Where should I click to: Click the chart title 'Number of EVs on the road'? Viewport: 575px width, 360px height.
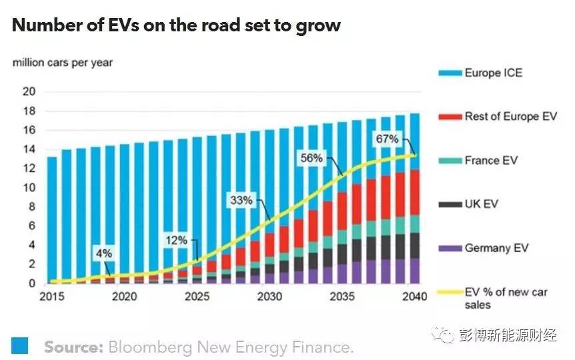(177, 26)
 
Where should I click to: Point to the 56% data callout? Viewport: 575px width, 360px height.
(311, 159)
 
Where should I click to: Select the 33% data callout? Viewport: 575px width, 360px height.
(241, 199)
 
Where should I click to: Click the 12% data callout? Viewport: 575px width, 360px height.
(176, 240)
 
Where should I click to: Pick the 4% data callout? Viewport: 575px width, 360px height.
(104, 253)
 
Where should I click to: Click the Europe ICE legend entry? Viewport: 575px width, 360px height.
(493, 73)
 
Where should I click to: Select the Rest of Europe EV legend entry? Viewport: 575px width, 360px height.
(510, 117)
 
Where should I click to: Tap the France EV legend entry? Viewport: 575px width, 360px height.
(491, 161)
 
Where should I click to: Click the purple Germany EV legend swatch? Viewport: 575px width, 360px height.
(449, 248)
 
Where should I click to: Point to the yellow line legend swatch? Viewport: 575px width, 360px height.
(449, 292)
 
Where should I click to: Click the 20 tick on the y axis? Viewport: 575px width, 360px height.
(29, 92)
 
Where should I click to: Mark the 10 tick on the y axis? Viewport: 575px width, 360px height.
(29, 187)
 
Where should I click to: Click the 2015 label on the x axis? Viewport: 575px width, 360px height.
(53, 297)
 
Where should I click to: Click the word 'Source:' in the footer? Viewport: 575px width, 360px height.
(72, 347)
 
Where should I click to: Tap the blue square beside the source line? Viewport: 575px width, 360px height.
(19, 345)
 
